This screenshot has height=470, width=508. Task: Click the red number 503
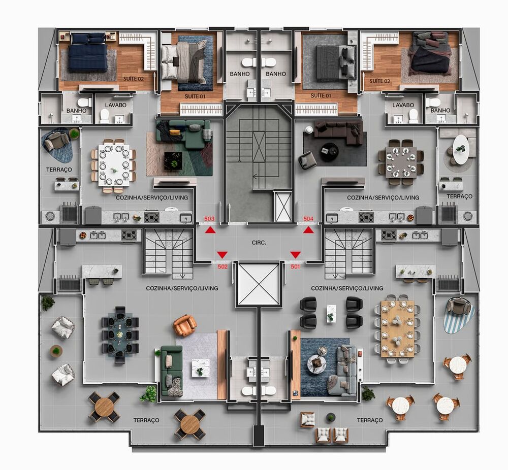209,219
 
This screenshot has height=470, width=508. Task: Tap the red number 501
295,266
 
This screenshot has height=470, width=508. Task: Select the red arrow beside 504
308,230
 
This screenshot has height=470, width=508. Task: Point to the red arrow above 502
222,254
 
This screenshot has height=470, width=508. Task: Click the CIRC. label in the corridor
259,243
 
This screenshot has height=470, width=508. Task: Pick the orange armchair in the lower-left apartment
184,325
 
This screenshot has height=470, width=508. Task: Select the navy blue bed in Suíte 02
88,52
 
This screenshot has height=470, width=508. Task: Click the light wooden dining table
397,329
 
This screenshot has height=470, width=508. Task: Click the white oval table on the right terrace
461,149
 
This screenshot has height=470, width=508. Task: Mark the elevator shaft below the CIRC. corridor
259,284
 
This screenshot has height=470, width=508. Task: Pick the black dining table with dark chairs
120,334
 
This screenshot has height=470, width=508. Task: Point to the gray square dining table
401,162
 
